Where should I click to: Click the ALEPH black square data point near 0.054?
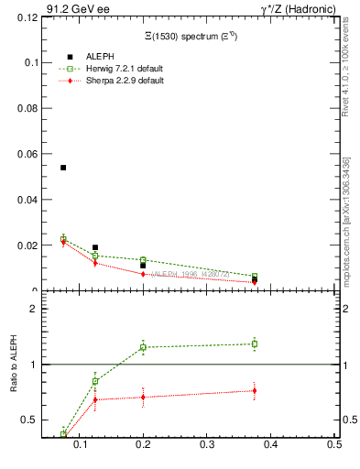pyautogui.click(x=63, y=168)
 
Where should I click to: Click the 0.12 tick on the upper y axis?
pyautogui.click(x=24, y=16)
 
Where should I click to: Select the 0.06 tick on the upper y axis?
pyautogui.click(x=24, y=154)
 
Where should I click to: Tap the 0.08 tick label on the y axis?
pyautogui.click(x=24, y=108)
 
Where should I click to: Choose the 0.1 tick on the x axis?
pyautogui.click(x=82, y=444)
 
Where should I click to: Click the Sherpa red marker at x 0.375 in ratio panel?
pyautogui.click(x=254, y=391)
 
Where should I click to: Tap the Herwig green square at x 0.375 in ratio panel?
pyautogui.click(x=254, y=344)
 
